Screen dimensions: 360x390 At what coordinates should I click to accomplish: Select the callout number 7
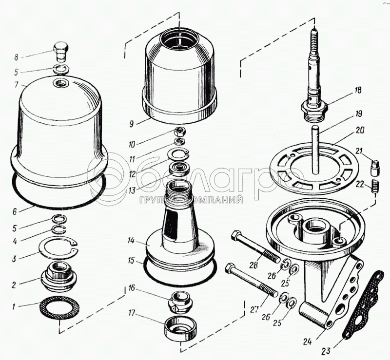[17, 85]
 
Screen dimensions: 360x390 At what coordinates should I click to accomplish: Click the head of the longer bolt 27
[231, 267]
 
